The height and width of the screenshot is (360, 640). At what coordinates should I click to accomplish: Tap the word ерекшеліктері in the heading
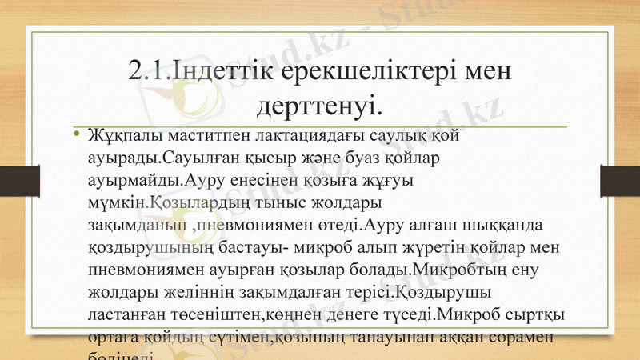(358, 74)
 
